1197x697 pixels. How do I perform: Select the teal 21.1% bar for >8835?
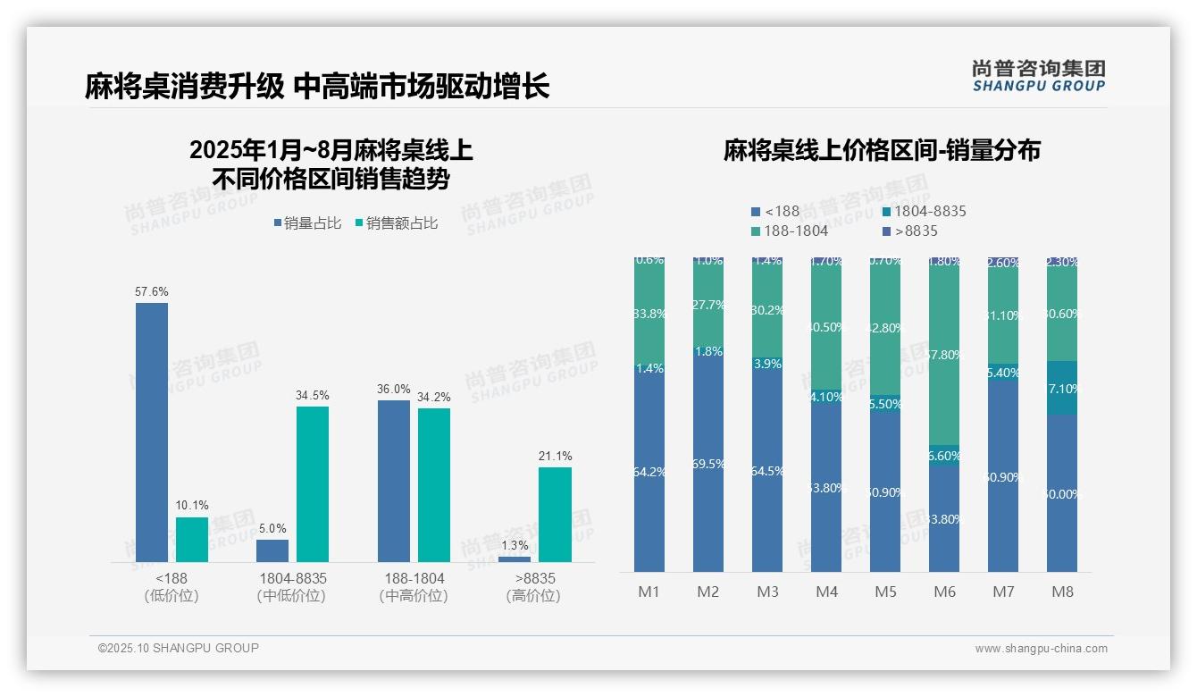pyautogui.click(x=555, y=515)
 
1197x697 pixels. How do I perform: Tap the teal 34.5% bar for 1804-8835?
pyautogui.click(x=313, y=484)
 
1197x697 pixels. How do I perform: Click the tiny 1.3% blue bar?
pyautogui.click(x=514, y=559)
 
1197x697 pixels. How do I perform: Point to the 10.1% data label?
pyautogui.click(x=192, y=506)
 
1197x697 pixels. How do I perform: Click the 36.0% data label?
pyautogui.click(x=394, y=389)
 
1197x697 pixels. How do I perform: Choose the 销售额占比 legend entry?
pyautogui.click(x=397, y=223)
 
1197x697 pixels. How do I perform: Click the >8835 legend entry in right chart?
pyautogui.click(x=909, y=231)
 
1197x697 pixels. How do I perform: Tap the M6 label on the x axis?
pyautogui.click(x=944, y=592)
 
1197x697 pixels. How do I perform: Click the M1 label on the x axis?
pyautogui.click(x=649, y=592)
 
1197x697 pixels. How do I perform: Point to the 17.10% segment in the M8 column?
pyautogui.click(x=1062, y=388)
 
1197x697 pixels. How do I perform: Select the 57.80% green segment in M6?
pyautogui.click(x=944, y=356)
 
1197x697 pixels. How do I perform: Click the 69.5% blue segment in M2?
pyautogui.click(x=707, y=465)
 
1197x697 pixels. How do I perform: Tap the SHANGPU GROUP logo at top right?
pyautogui.click(x=1038, y=76)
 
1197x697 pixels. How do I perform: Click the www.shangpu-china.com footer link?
pyautogui.click(x=1041, y=649)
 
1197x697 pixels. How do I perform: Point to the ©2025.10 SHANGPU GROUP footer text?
pyautogui.click(x=179, y=648)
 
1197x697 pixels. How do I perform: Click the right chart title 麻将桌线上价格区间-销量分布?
pyautogui.click(x=882, y=151)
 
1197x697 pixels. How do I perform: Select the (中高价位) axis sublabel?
pyautogui.click(x=414, y=596)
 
